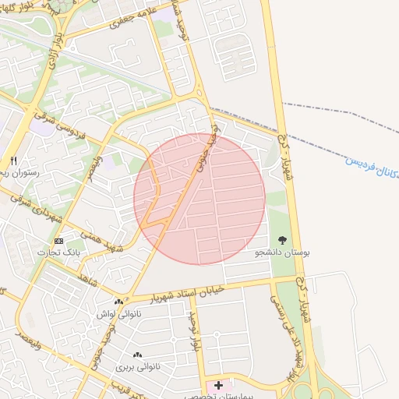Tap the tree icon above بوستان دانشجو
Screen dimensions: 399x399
[282, 240]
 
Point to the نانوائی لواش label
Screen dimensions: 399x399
[112, 313]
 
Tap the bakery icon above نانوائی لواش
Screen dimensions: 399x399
[118, 302]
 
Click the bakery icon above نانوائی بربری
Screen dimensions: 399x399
[137, 355]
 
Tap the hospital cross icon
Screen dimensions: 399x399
[219, 385]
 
